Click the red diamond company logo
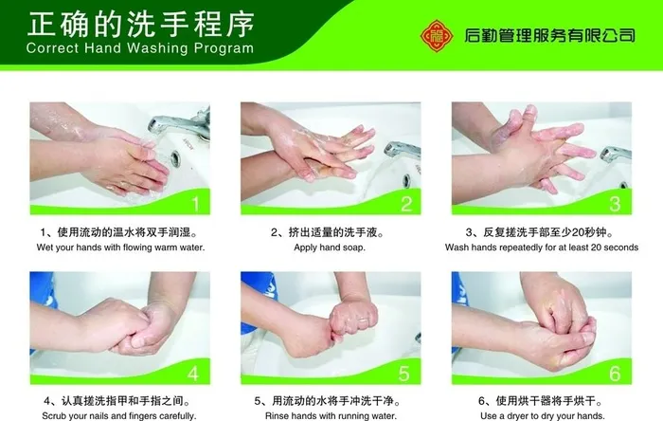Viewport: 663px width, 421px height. coord(437,35)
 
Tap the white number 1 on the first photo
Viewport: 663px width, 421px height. coord(195,204)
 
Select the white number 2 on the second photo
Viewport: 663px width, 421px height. coord(406,204)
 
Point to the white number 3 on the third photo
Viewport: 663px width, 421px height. coord(616,204)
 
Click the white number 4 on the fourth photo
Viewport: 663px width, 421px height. coord(193,374)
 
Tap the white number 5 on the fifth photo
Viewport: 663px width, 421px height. coord(403,374)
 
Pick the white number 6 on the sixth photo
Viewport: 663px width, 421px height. coord(615,374)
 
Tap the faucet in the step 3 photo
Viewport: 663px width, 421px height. coord(616,154)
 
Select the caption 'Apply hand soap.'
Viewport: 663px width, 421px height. coord(330,247)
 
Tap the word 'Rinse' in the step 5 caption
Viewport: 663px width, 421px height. coord(276,416)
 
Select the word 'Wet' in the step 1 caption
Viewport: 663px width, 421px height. coord(45,247)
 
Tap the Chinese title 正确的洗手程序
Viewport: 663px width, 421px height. coord(140,24)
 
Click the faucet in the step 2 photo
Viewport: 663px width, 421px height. coord(403,151)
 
